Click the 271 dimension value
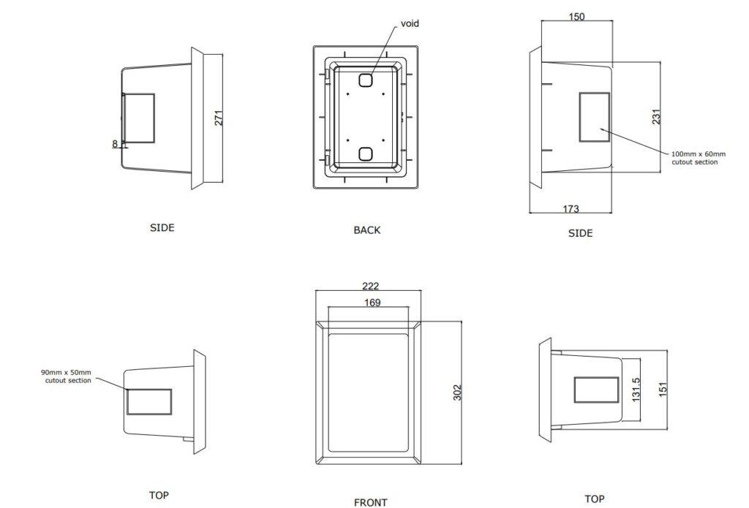(x=219, y=118)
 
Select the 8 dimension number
(x=115, y=144)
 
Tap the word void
(x=410, y=23)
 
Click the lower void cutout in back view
(x=366, y=153)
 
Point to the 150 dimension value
(x=576, y=17)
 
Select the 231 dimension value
(x=656, y=117)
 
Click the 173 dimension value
(x=571, y=209)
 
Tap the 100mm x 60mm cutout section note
(x=699, y=158)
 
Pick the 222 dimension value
(x=371, y=287)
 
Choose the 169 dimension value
(x=372, y=303)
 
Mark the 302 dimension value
(x=459, y=393)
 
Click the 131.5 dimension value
(x=636, y=390)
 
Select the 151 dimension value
(x=663, y=390)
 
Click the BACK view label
(x=367, y=230)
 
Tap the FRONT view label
(x=371, y=502)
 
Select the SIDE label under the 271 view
(x=162, y=228)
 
